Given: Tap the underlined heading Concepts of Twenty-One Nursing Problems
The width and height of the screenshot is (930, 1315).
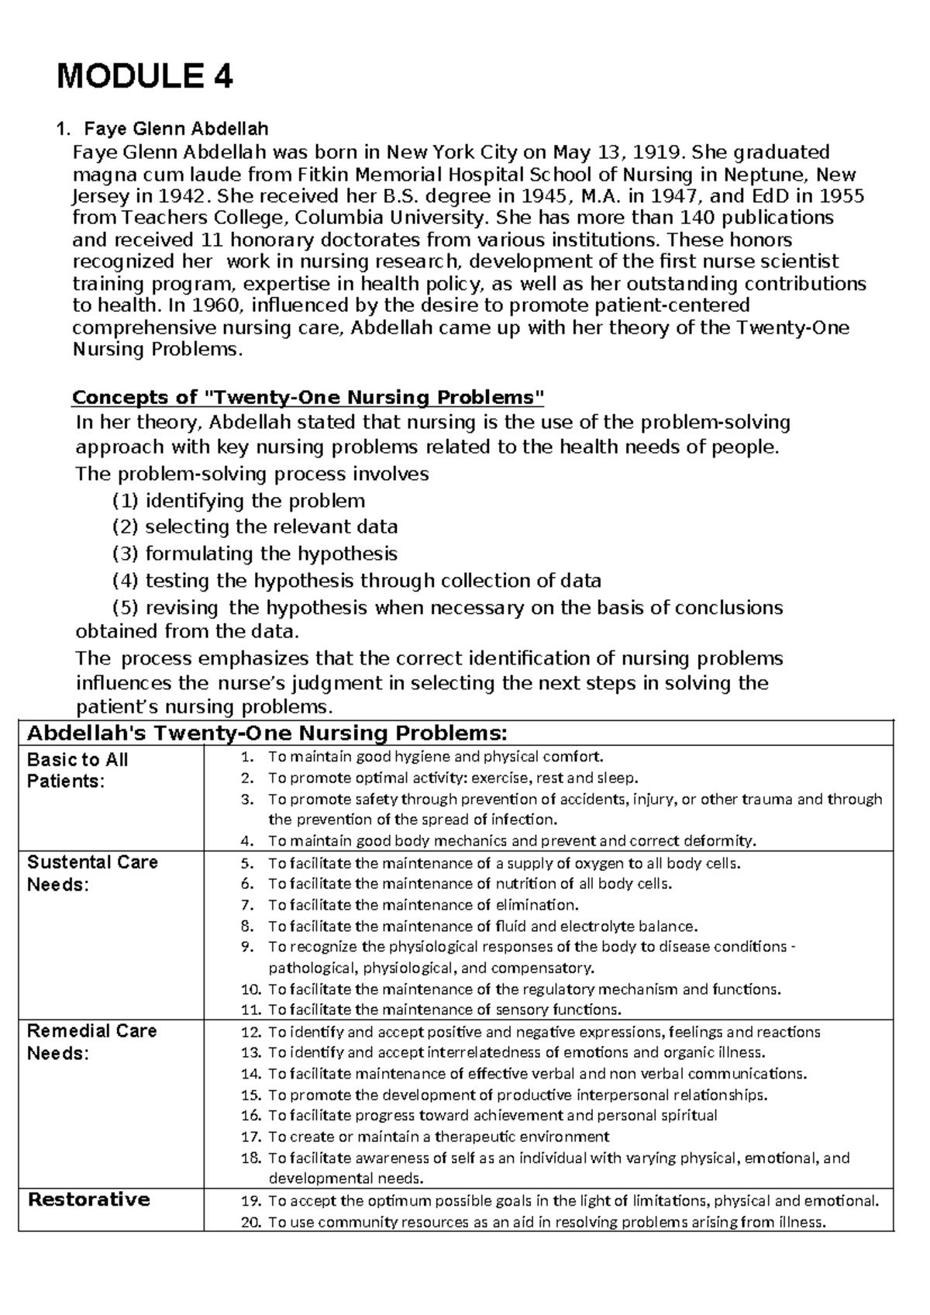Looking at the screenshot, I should click(x=308, y=398).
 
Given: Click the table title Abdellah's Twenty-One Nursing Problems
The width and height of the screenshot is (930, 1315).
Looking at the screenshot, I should click(x=267, y=733).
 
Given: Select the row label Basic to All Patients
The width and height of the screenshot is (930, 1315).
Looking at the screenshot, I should click(x=77, y=770).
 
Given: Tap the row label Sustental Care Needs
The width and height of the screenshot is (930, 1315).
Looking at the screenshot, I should click(x=91, y=873).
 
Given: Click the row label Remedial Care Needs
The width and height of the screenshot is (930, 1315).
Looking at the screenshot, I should click(x=91, y=1041).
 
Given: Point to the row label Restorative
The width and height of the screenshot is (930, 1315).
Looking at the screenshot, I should click(x=88, y=1199).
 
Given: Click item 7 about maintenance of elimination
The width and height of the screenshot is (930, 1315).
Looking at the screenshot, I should click(x=422, y=905).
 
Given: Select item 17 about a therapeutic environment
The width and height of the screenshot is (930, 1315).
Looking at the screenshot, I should click(x=438, y=1137).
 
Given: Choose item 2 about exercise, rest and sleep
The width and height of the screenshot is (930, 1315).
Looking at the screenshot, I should click(x=453, y=778).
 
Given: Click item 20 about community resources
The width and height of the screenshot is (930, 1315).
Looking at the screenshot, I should click(x=546, y=1223).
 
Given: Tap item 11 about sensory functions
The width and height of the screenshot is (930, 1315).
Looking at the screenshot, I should click(x=444, y=1010).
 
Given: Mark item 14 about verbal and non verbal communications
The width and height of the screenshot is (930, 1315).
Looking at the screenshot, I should click(x=536, y=1074).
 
